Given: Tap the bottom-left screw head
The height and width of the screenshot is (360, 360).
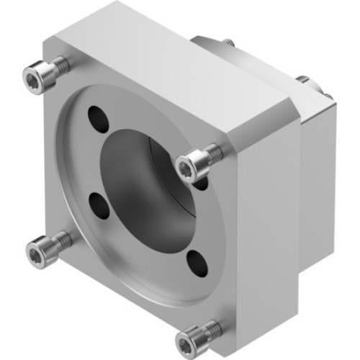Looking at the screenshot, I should tap(37, 251).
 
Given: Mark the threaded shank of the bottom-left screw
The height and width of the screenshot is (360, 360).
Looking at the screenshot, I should tap(60, 240).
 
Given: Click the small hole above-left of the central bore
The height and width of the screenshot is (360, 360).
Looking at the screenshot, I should tap(96, 115).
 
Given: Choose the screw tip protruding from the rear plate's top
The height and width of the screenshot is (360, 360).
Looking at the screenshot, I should tap(228, 42).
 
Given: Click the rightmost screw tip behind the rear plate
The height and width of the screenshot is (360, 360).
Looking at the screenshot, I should tap(325, 94).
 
